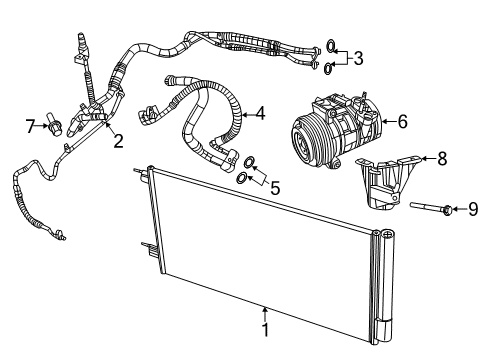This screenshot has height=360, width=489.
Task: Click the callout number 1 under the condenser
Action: (265, 329)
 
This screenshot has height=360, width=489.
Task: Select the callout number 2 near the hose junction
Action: (118, 141)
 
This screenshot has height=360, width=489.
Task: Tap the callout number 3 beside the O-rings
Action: (357, 58)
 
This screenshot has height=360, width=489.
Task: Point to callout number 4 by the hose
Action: (259, 114)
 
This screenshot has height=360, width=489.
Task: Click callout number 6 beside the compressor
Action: (402, 121)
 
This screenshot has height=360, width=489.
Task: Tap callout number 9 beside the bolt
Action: (474, 209)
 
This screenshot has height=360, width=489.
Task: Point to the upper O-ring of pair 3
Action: (331, 46)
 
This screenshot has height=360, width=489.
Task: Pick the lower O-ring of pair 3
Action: (328, 68)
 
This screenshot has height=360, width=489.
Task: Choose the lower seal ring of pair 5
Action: (242, 178)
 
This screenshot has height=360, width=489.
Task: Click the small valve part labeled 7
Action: (59, 125)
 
